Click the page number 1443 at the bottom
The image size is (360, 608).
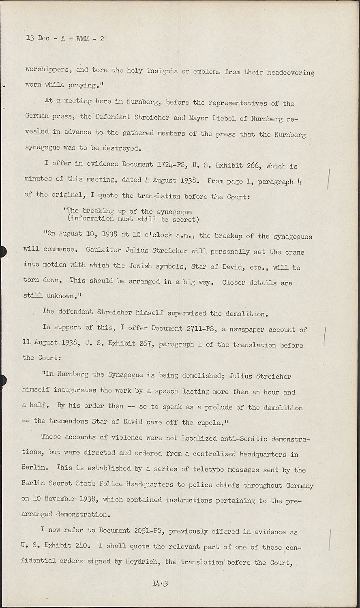[x=160, y=584]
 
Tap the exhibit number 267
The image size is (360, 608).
[x=145, y=345]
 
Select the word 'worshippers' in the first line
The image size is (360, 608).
[x=47, y=69]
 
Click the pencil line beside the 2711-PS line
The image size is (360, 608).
[x=326, y=336]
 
